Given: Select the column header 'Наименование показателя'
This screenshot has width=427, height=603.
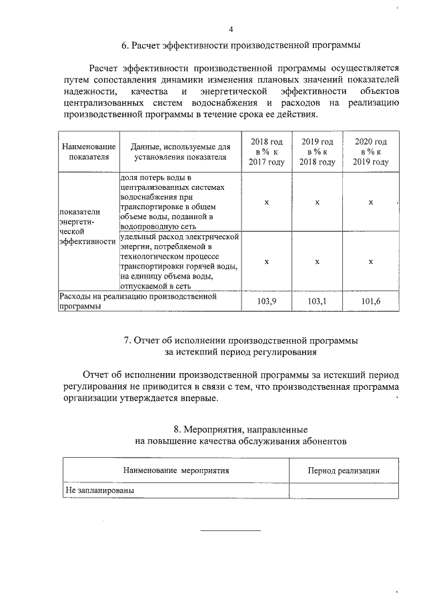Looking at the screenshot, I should click(x=88, y=152).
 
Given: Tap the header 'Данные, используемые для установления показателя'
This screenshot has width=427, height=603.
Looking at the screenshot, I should click(x=179, y=152).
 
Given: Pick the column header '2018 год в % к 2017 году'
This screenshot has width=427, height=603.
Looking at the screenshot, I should click(x=266, y=152).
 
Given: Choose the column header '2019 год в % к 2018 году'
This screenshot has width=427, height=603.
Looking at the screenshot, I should click(x=318, y=152).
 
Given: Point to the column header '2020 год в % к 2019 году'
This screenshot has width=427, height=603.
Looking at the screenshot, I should click(x=370, y=152).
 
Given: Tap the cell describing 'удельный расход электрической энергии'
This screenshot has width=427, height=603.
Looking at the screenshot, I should click(x=179, y=262).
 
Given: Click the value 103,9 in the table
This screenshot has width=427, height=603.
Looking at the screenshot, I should click(x=266, y=302).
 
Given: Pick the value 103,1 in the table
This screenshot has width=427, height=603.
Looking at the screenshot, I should click(x=318, y=302).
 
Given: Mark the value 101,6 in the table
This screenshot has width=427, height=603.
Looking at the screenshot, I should click(x=370, y=302).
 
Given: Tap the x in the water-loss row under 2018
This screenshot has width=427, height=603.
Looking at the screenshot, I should click(x=266, y=202).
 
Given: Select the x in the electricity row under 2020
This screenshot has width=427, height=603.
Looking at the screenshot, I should click(x=370, y=262).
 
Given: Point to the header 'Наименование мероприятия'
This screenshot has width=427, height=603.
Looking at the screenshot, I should click(x=175, y=470).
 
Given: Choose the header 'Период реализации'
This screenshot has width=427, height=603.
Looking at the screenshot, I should click(x=343, y=470).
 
